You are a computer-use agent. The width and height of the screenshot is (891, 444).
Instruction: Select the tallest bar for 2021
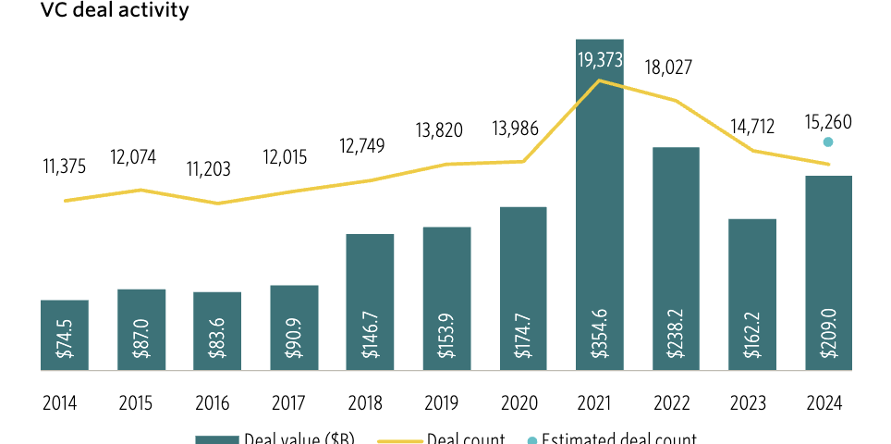599,203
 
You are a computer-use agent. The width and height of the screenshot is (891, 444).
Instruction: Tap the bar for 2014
65,335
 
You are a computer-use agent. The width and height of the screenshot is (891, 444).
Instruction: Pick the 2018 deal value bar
370,302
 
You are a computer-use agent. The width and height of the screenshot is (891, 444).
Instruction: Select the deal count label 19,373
599,61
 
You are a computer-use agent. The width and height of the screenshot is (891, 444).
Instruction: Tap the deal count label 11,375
66,167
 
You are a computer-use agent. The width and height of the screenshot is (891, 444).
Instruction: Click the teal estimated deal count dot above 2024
828,142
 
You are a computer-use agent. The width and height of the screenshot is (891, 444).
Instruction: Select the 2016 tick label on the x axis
217,403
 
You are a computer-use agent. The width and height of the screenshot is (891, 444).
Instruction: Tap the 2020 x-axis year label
522,403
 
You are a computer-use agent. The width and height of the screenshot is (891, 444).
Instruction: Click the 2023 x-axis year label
751,403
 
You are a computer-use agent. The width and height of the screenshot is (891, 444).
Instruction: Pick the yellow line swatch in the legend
398,439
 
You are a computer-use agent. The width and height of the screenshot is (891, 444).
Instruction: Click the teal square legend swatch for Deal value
215,439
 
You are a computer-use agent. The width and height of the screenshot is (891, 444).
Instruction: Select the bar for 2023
751,294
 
